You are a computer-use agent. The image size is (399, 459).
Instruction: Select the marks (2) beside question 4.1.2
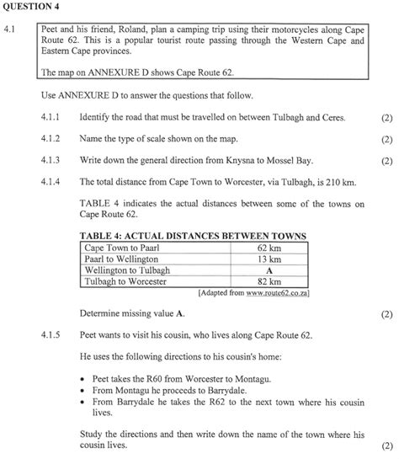point(386,139)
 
